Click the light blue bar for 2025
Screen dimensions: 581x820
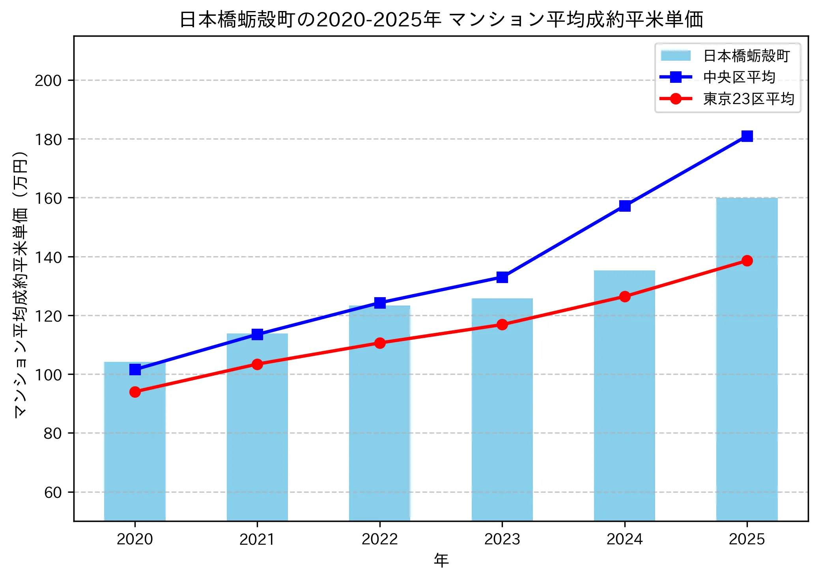[x=747, y=359]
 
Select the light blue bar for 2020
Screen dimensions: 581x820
[x=135, y=441]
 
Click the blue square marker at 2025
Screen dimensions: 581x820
[x=747, y=136]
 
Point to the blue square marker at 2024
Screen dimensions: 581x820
[x=625, y=206]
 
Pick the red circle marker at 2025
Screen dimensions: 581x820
[x=747, y=261]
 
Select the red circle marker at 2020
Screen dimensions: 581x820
[x=135, y=392]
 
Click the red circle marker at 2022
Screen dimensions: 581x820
[x=380, y=343]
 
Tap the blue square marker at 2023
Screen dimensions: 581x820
[x=502, y=277]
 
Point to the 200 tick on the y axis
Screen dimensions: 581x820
[x=48, y=80]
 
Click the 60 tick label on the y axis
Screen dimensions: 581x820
[x=53, y=492]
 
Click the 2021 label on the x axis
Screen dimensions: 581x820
[x=257, y=539]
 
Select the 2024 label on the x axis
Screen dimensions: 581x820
[x=624, y=539]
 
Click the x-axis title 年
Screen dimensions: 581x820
[x=441, y=561]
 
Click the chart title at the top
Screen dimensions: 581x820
[x=441, y=19]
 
